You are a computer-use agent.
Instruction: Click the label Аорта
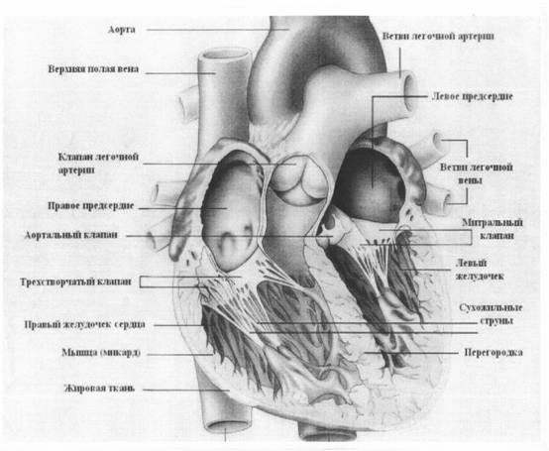[122, 30]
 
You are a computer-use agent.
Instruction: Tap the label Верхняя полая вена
[93, 68]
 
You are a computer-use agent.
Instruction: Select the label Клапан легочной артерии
[98, 164]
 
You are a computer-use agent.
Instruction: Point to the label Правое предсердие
[91, 206]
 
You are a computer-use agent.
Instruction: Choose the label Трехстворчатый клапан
[76, 282]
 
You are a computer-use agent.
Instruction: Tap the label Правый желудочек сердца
[85, 324]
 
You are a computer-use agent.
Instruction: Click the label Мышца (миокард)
[101, 352]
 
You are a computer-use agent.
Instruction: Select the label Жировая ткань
[99, 389]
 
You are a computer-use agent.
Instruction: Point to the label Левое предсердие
[473, 96]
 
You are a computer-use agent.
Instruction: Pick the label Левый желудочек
[480, 270]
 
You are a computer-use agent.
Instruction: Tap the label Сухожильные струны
[491, 314]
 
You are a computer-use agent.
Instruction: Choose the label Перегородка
[494, 352]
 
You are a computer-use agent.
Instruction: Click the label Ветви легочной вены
[477, 173]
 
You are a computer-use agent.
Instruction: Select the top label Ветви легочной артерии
[438, 36]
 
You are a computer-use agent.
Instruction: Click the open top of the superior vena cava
[225, 56]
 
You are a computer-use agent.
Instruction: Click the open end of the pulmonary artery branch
[410, 89]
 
